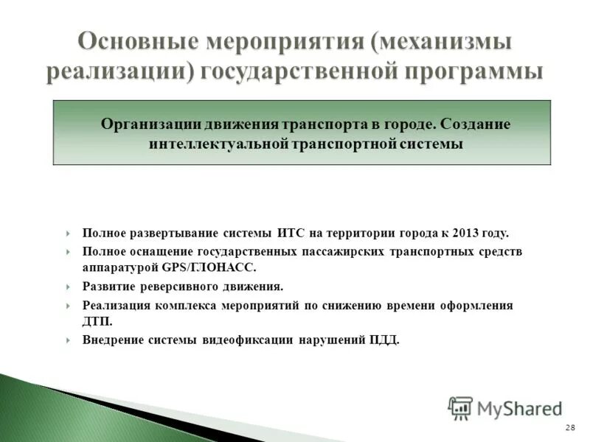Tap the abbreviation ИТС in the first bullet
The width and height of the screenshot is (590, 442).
pos(292,234)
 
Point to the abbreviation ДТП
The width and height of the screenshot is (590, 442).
pos(95,322)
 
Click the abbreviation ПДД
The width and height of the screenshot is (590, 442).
pos(383,340)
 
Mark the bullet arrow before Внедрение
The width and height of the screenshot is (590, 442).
pos(68,340)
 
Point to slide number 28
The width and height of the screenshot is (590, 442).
pos(569,428)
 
